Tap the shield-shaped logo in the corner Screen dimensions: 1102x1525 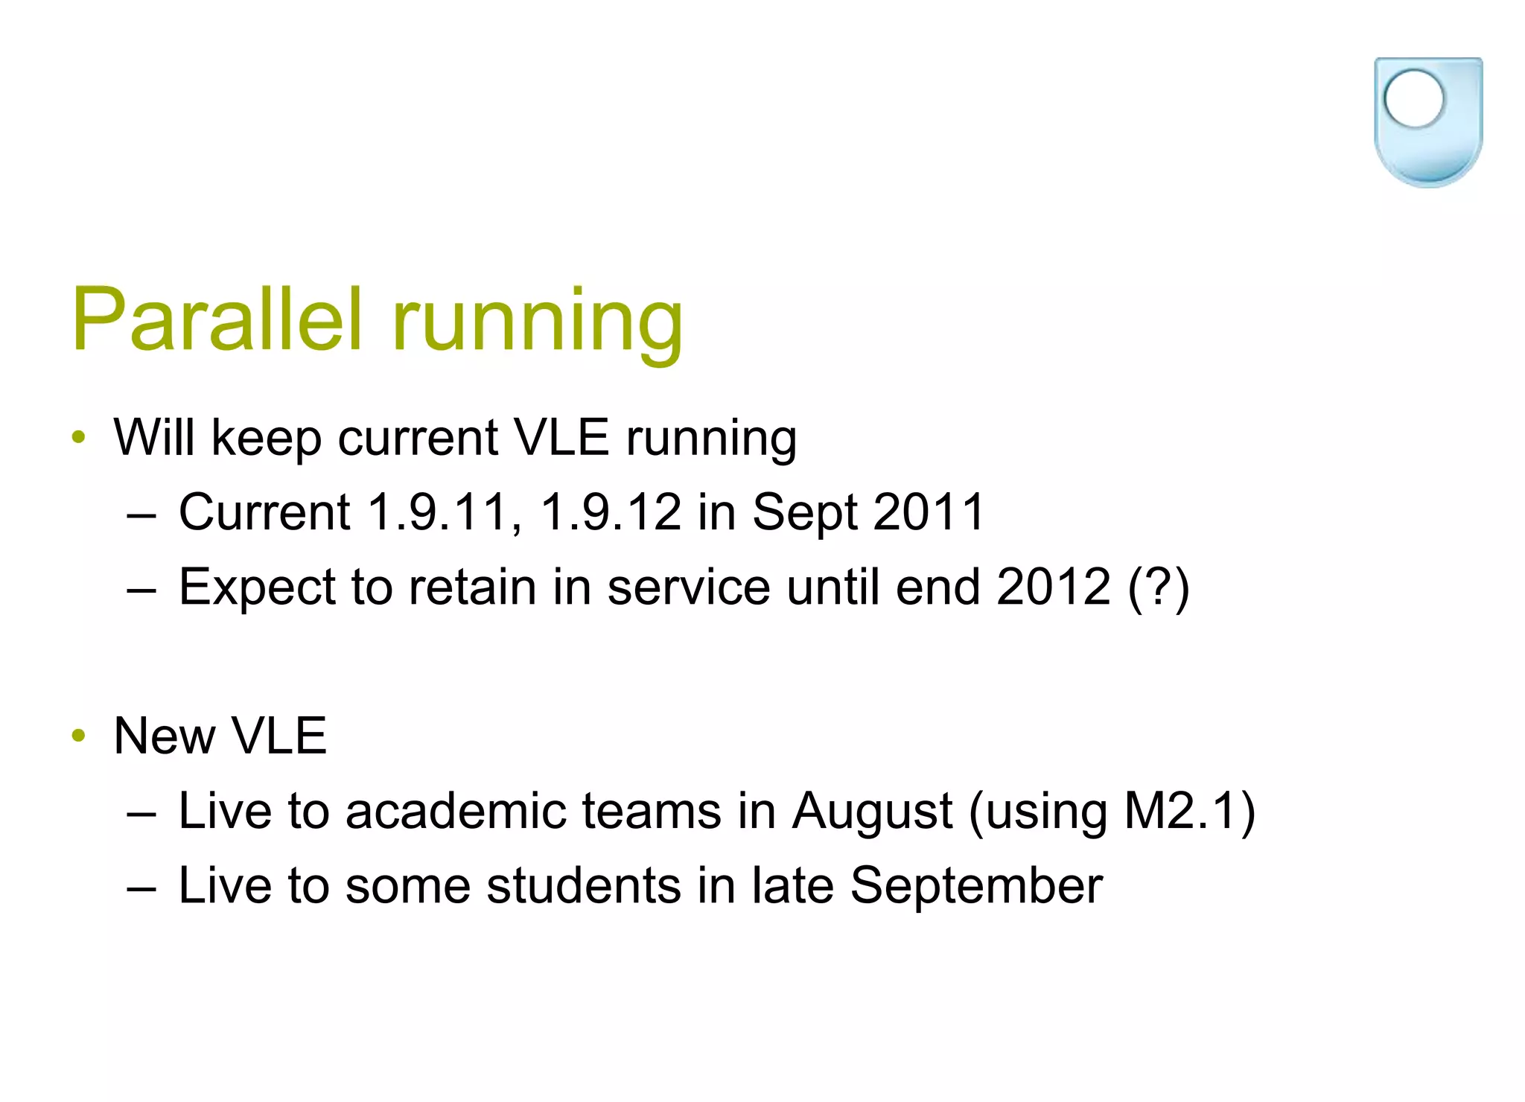1427,123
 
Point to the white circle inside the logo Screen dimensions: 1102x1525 1413,99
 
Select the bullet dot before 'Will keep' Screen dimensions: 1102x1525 79,438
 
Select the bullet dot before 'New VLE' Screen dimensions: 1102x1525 79,736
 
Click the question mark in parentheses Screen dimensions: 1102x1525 1159,588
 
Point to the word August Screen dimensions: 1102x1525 871,812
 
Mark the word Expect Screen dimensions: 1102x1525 257,588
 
